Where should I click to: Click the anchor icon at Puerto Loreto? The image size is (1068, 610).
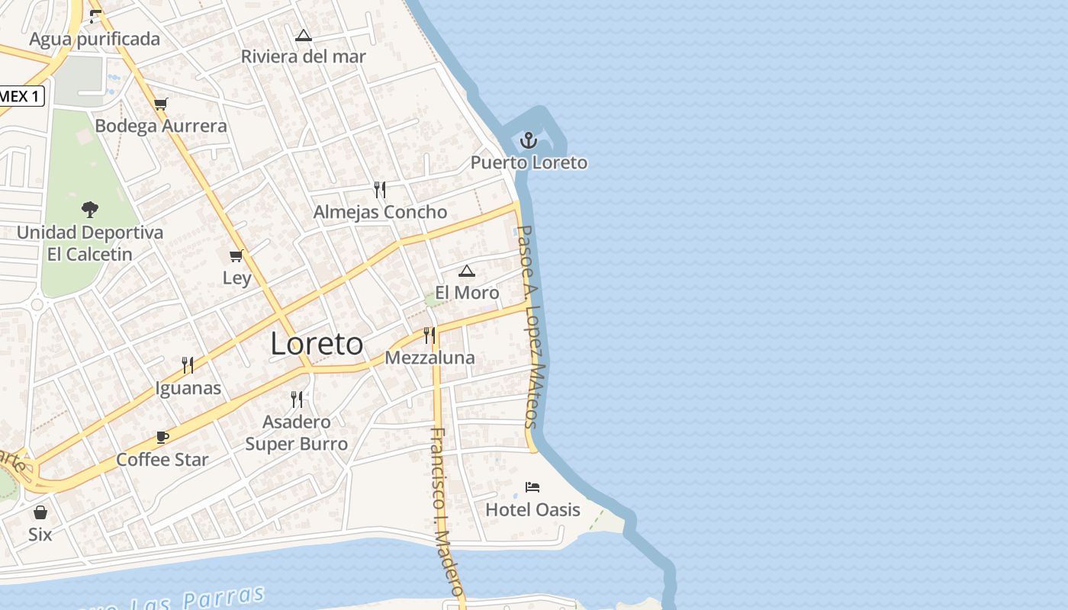click(x=529, y=140)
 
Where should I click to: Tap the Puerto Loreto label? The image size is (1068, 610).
click(x=529, y=162)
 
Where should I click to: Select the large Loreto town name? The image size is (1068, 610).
click(x=317, y=344)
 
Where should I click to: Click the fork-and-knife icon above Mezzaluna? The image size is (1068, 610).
click(x=429, y=335)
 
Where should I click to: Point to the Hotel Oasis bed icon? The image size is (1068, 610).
click(x=532, y=486)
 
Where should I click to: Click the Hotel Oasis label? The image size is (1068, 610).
click(x=532, y=509)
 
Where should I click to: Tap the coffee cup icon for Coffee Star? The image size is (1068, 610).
click(x=162, y=437)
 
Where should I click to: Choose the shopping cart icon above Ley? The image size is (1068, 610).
click(x=236, y=255)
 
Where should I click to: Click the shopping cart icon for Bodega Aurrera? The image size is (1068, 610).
click(x=160, y=104)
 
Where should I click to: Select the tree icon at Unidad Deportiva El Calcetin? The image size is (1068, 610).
click(x=90, y=209)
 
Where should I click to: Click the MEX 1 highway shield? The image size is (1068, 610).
click(x=21, y=96)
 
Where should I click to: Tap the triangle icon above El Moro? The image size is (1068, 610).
click(x=467, y=271)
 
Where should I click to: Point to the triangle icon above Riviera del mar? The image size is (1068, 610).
click(x=304, y=34)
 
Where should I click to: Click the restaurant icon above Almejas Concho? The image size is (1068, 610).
click(x=380, y=189)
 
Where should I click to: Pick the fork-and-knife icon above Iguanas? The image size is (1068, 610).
click(x=188, y=365)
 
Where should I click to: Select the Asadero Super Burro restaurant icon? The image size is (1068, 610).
click(x=297, y=399)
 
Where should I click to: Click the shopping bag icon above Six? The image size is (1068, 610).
click(x=40, y=512)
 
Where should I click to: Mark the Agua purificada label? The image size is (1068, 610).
click(x=95, y=39)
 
